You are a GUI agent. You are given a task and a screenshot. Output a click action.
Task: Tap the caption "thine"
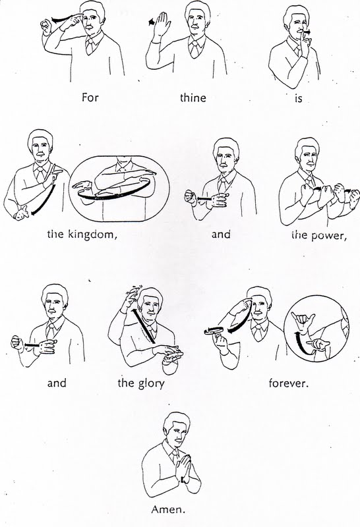pyautogui.click(x=193, y=97)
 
